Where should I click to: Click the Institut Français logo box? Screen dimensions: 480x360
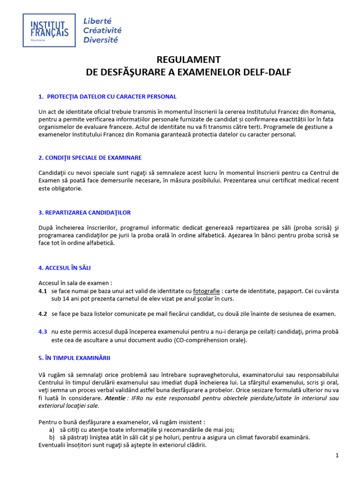49,30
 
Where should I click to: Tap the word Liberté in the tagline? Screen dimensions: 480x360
97,21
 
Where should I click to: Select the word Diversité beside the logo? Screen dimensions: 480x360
100,39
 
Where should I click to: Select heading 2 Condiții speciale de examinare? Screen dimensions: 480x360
90,157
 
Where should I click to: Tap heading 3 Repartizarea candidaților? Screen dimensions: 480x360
84,212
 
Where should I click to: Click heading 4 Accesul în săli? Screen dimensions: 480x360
64,268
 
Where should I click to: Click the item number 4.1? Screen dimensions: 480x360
43,291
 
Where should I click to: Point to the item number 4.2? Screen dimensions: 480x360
43,314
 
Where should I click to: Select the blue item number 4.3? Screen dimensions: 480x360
43,331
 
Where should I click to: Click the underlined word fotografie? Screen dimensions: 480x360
206,291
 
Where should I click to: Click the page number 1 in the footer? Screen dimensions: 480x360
337,455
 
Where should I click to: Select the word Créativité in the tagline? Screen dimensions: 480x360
102,30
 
